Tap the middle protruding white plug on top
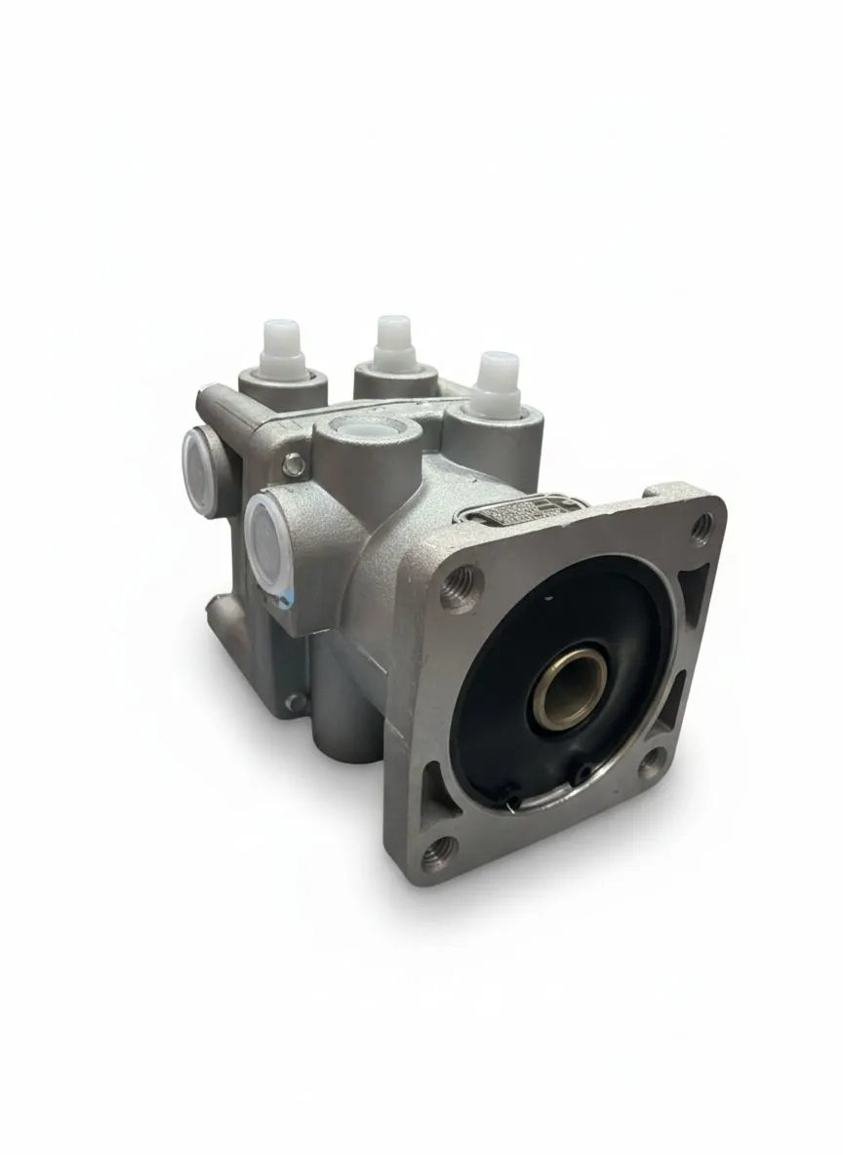coord(394,341)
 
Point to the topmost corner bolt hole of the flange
coord(701,528)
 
